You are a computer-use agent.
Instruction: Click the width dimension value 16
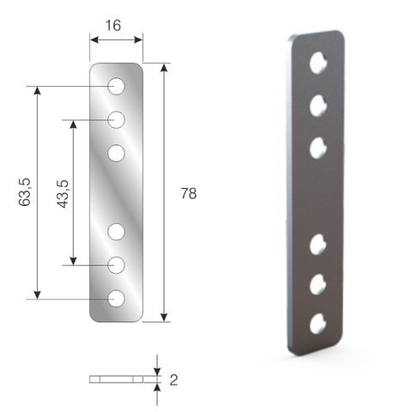click(x=113, y=26)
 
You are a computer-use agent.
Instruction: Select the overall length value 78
click(x=189, y=193)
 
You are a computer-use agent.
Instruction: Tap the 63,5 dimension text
click(x=24, y=191)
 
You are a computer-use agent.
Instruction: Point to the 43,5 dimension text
click(x=63, y=194)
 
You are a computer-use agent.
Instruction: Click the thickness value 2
click(x=173, y=380)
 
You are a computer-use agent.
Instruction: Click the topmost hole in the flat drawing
click(x=116, y=86)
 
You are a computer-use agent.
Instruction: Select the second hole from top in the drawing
click(x=116, y=119)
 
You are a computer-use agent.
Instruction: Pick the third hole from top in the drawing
click(x=116, y=153)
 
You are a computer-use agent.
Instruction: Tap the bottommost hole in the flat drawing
click(x=116, y=299)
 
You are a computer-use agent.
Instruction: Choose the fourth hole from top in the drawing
click(x=116, y=232)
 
